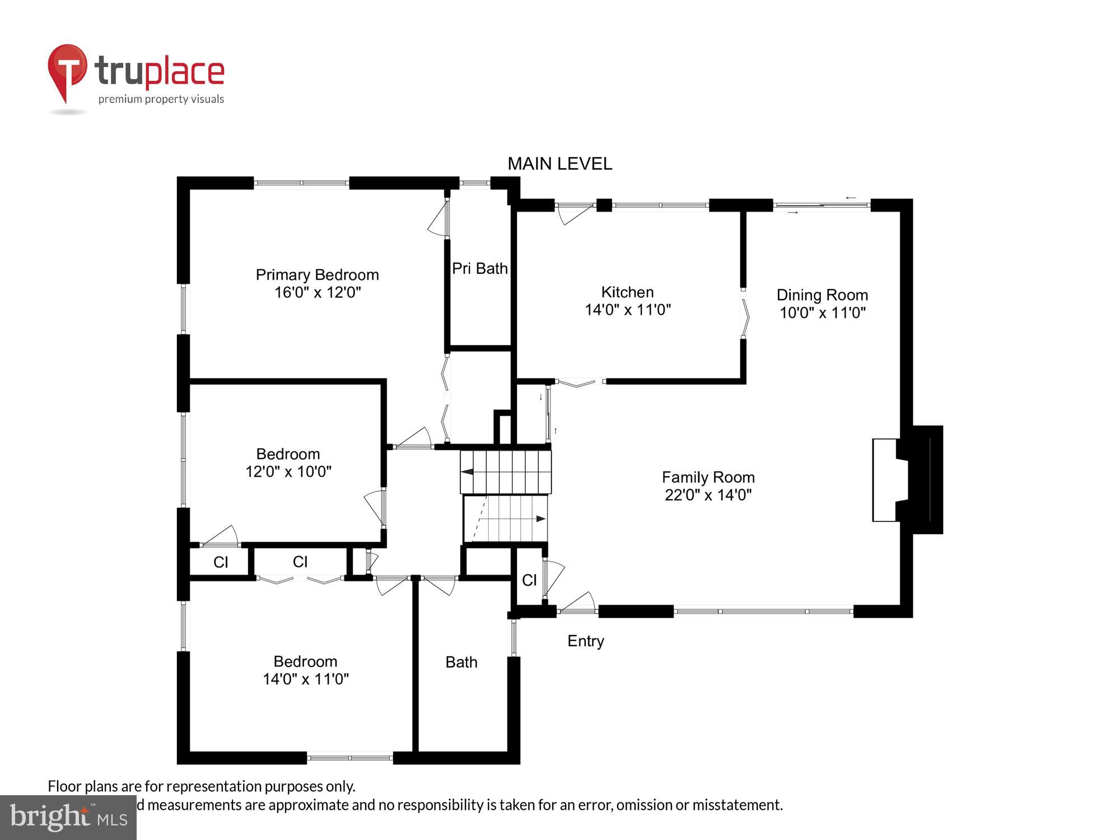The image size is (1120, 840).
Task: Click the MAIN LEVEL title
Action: (559, 164)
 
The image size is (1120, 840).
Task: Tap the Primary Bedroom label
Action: (317, 275)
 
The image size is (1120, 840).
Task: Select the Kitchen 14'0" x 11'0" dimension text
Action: (628, 310)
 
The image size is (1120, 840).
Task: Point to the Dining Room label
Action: (822, 295)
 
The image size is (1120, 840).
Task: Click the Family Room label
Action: (708, 478)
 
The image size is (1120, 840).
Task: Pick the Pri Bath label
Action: (479, 269)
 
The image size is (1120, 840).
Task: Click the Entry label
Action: (585, 641)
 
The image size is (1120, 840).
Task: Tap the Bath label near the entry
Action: (461, 662)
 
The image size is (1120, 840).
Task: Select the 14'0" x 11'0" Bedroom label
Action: (305, 670)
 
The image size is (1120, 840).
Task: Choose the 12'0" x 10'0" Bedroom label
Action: (288, 463)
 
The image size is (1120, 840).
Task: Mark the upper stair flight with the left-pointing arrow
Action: (506, 472)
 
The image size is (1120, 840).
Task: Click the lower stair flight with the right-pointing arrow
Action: (506, 519)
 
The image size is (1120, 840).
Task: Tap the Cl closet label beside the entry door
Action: (529, 581)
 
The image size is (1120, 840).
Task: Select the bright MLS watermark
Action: (68, 818)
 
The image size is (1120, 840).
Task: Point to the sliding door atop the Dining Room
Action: (822, 206)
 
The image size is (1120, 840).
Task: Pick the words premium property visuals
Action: (161, 100)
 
